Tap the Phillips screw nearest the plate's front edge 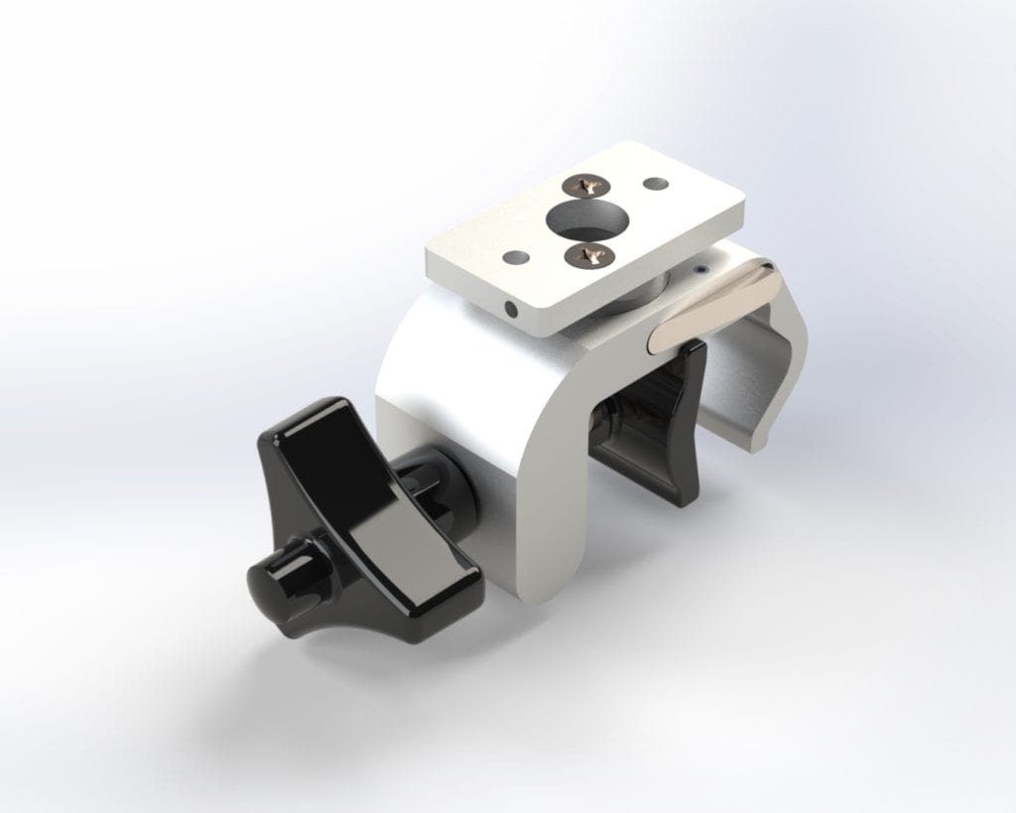(584, 256)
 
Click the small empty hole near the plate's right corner (654, 185)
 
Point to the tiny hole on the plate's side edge (511, 310)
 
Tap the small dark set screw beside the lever (701, 269)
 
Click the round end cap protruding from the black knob (270, 579)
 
